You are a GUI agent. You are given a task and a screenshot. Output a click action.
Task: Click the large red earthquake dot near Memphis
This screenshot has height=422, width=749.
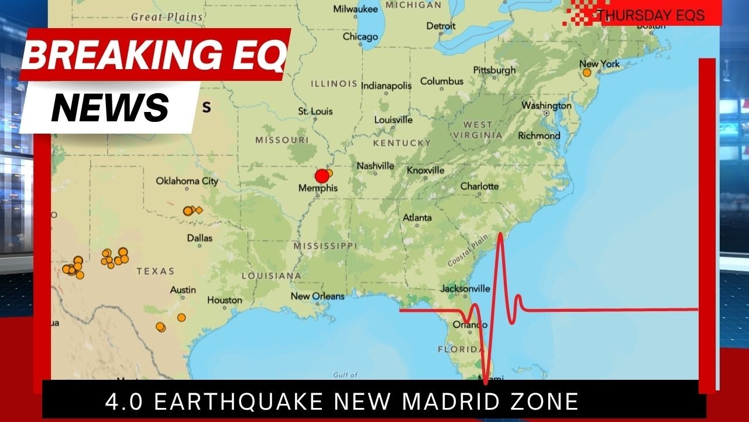(321, 176)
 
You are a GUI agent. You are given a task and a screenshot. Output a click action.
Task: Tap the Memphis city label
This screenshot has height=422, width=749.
(318, 188)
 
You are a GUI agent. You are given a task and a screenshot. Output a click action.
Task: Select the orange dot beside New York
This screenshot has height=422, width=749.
(587, 73)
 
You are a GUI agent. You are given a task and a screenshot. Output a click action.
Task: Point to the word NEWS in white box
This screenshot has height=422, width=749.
(110, 107)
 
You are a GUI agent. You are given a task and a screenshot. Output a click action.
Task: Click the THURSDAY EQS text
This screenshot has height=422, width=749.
(650, 15)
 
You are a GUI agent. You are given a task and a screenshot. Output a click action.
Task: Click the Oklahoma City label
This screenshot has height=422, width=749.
(187, 181)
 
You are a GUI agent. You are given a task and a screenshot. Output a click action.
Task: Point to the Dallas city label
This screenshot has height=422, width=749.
(200, 238)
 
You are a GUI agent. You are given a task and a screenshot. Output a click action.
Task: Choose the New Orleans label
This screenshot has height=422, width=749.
(318, 296)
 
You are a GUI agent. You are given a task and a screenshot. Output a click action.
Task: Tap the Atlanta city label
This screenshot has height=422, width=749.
(417, 218)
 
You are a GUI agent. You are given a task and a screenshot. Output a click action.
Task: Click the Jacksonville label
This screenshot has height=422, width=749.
(465, 288)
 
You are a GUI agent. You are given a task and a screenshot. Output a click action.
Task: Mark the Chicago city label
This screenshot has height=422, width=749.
(360, 37)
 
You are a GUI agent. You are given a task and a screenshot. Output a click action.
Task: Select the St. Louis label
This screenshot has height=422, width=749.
(315, 111)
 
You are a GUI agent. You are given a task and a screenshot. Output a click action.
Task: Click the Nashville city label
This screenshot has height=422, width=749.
(375, 166)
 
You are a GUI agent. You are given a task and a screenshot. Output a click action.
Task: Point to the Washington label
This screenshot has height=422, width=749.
(546, 106)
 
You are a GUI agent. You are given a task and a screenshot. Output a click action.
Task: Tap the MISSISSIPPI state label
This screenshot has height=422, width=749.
(325, 246)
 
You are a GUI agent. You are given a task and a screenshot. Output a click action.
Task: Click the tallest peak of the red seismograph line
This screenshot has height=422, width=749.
(501, 235)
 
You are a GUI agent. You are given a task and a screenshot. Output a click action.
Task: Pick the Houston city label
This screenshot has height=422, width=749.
(224, 300)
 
